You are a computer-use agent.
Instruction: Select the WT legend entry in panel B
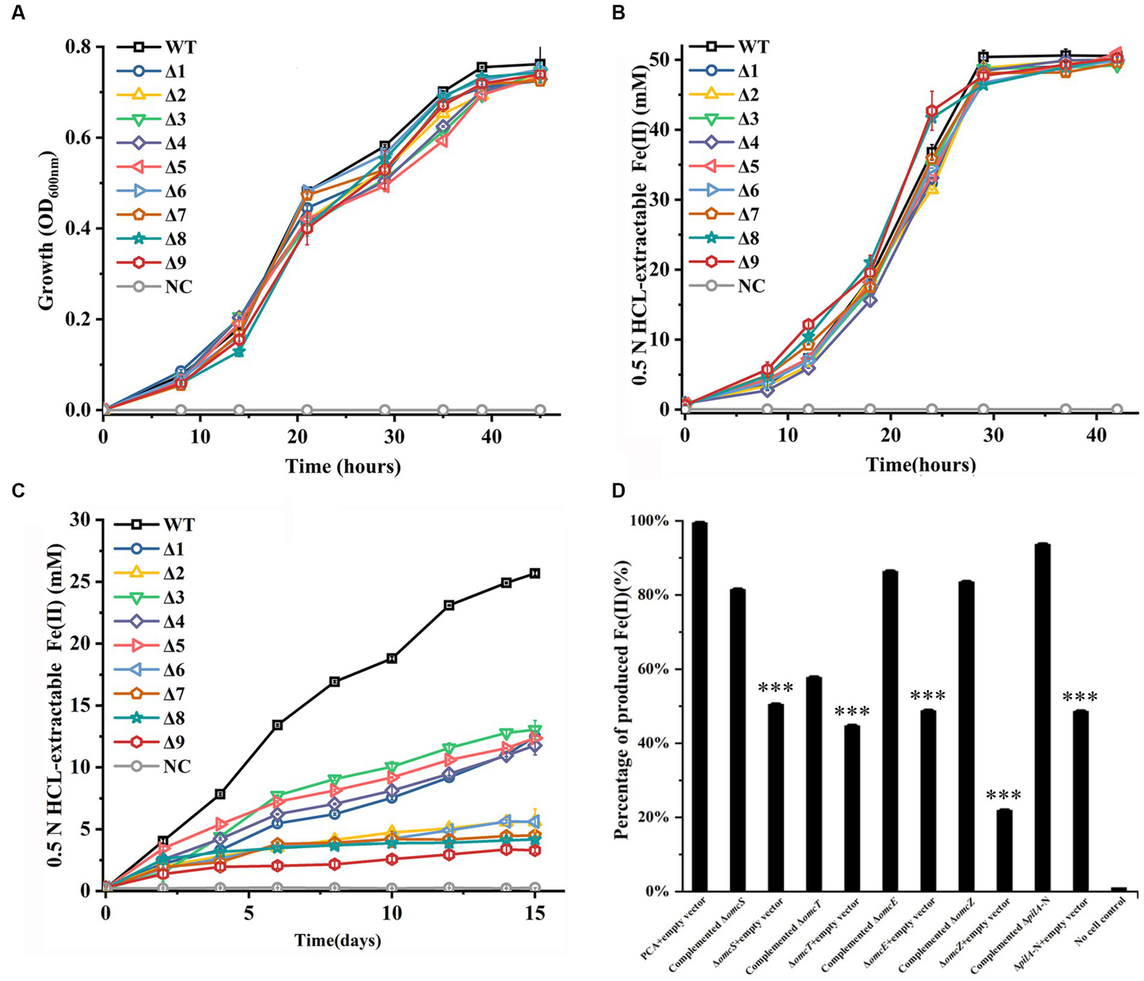[x=752, y=47]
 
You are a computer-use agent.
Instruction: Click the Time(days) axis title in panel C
[x=338, y=940]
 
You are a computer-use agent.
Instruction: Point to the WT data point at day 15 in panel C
[x=534, y=573]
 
